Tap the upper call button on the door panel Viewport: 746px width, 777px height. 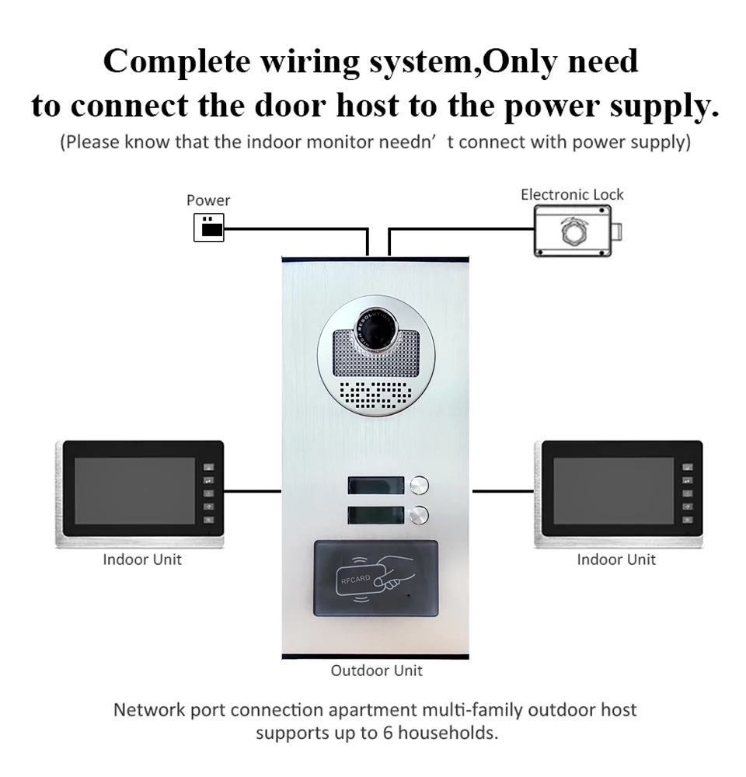point(420,485)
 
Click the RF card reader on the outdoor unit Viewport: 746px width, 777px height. point(375,578)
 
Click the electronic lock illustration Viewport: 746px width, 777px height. point(577,232)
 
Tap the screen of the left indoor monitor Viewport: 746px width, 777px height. point(134,490)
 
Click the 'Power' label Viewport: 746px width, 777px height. point(208,200)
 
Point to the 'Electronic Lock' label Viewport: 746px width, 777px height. point(572,194)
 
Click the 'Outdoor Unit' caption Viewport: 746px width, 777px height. point(377,671)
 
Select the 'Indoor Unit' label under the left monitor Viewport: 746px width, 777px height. point(142,559)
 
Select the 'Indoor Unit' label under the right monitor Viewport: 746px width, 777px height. point(616,559)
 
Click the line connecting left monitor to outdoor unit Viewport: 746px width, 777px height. point(253,491)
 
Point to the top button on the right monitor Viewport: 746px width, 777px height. point(687,469)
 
